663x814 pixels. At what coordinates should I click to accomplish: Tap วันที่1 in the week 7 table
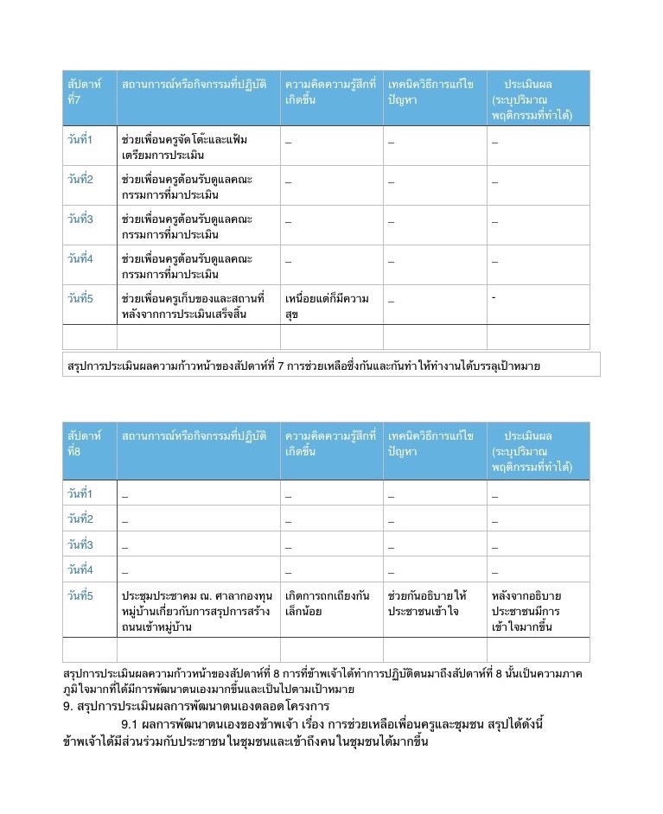pos(80,139)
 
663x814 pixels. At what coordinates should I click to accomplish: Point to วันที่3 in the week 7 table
pos(80,219)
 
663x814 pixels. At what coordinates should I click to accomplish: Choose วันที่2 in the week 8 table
pos(80,518)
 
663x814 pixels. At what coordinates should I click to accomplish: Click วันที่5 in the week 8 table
pos(80,595)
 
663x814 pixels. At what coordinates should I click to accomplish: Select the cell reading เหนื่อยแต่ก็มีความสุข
pos(327,306)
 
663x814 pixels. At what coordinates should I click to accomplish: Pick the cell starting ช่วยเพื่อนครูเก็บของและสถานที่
pos(194,306)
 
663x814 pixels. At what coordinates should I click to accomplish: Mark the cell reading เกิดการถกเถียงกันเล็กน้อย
pos(328,603)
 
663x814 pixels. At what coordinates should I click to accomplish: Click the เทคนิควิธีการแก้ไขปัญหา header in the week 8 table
pos(431,443)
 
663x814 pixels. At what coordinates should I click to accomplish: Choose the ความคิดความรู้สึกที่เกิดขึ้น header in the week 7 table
pos(330,92)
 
